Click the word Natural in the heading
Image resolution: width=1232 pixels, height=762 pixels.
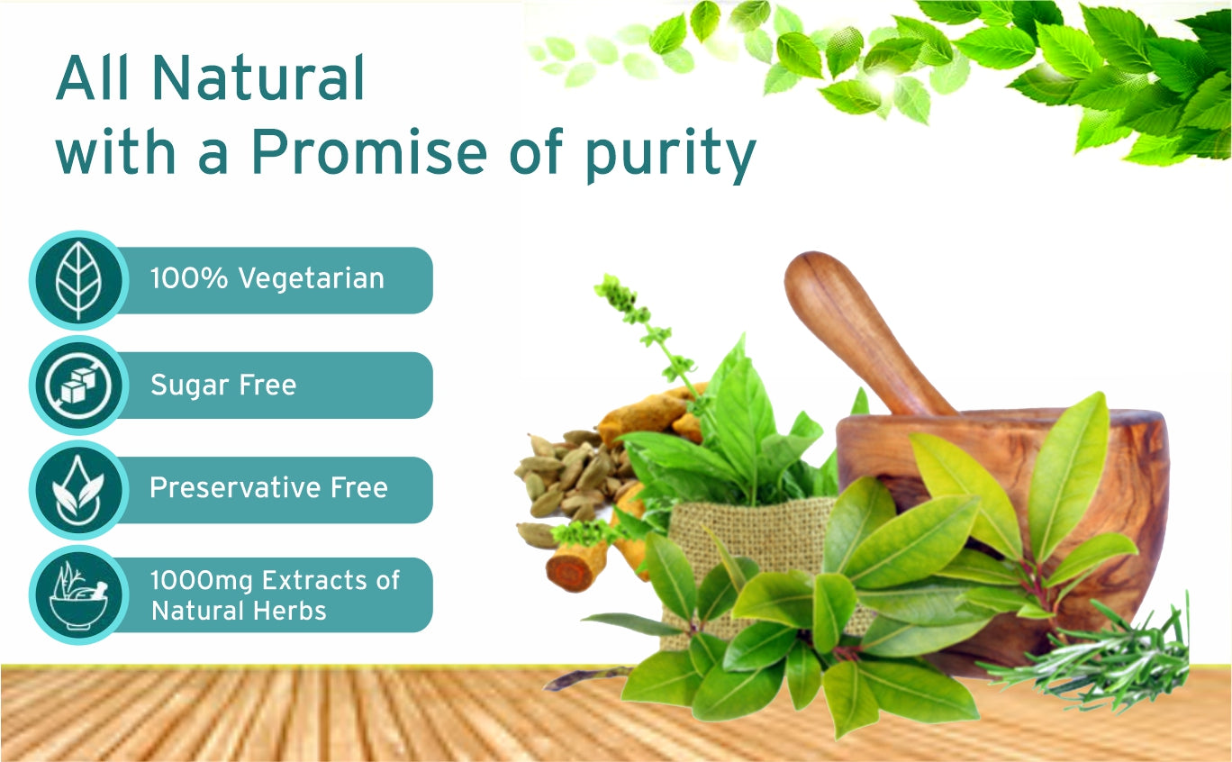point(258,77)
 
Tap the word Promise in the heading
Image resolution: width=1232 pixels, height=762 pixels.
point(369,150)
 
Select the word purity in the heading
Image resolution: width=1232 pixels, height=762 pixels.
point(670,155)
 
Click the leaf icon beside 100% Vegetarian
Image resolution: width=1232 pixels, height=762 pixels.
point(78,280)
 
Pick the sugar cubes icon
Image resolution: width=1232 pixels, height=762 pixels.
point(78,386)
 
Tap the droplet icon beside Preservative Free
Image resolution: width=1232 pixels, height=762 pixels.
point(78,490)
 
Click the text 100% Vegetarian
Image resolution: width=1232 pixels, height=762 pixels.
point(267,278)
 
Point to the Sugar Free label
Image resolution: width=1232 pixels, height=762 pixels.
point(223,385)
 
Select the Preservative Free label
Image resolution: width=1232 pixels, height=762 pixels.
point(269,487)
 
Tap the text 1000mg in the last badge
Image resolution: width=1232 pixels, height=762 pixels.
point(202,581)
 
